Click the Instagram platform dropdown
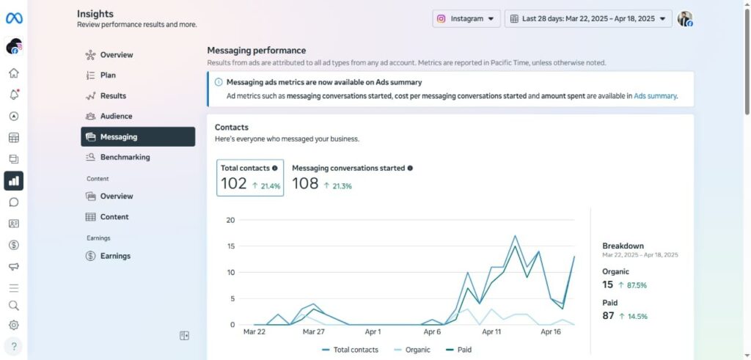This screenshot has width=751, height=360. pos(466,19)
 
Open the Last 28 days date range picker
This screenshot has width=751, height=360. pos(588,19)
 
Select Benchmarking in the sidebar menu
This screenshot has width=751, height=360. pos(125,157)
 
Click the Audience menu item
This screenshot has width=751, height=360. pos(116,116)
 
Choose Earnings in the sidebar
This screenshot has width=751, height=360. pos(115,256)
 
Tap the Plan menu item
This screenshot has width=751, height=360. pos(108,75)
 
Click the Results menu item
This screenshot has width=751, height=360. pos(113,95)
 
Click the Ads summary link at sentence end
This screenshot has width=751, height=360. pos(655,96)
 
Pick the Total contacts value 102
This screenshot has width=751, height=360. pos(234,184)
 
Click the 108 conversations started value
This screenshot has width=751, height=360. pos(305,184)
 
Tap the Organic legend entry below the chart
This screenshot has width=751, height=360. pos(414,350)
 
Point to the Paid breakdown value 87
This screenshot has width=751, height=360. pos(608,315)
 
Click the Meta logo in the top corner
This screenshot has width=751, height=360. pos(14,18)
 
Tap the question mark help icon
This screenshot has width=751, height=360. pos(14,346)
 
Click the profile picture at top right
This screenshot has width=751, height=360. pos(685,19)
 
